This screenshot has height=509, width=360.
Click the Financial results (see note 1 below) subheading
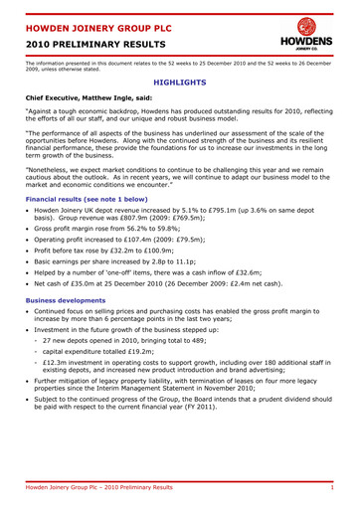[x=87, y=200]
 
